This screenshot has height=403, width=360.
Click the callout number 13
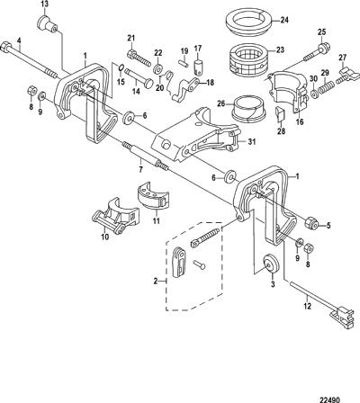point(44,4)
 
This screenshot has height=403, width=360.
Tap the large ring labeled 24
point(247,21)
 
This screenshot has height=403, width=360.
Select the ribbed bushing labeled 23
point(248,59)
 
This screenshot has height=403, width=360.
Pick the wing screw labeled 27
point(347,76)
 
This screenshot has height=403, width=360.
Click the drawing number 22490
point(329,399)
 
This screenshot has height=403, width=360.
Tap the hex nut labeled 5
point(311,223)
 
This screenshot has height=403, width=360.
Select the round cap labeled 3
point(271,264)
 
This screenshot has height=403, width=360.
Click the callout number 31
point(252,141)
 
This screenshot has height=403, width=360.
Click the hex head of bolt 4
point(5,48)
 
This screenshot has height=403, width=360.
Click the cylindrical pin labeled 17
point(198,67)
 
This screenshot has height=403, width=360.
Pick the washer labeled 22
point(157,69)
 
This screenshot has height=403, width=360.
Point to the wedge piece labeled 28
point(279,115)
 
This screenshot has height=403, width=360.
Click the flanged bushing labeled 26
point(249,109)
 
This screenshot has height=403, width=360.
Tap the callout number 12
point(308,306)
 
